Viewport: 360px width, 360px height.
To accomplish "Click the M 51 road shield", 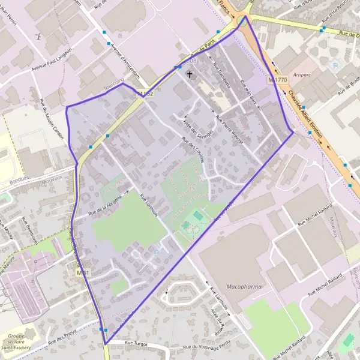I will click(83, 273).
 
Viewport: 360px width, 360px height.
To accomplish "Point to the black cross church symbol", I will click(190, 74).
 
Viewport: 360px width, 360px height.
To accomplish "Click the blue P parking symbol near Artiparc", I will click(335, 65).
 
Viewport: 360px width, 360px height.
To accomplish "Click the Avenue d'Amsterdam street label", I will click(123, 59).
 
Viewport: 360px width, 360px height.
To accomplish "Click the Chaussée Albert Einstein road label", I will click(305, 114).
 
